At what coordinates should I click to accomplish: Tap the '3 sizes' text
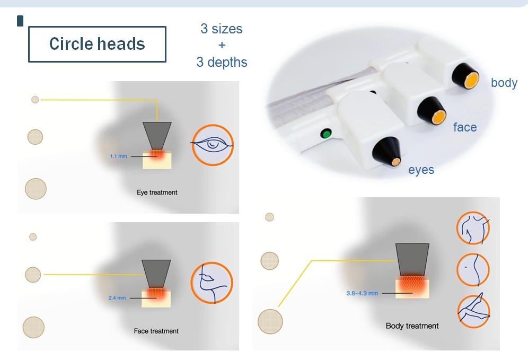(x=222, y=29)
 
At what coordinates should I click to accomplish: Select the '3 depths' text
(x=222, y=62)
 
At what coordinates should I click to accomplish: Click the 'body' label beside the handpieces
(x=504, y=83)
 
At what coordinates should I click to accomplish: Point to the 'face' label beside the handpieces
(x=465, y=127)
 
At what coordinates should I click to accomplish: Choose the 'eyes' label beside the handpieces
(x=421, y=170)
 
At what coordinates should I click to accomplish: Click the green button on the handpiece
(x=326, y=134)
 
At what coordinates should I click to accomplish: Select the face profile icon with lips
(x=212, y=283)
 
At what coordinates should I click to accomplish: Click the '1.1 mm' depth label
(x=119, y=156)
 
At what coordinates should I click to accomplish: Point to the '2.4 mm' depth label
(x=117, y=297)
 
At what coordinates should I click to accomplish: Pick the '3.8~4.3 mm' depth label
(x=362, y=293)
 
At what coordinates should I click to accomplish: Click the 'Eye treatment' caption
(x=157, y=192)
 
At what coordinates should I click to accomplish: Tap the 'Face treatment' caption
(x=156, y=331)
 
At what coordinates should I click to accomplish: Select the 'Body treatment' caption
(x=412, y=326)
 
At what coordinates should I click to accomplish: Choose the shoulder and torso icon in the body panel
(x=473, y=227)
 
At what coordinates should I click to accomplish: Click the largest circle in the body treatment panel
(x=270, y=322)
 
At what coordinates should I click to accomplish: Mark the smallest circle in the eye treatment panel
(x=35, y=100)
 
